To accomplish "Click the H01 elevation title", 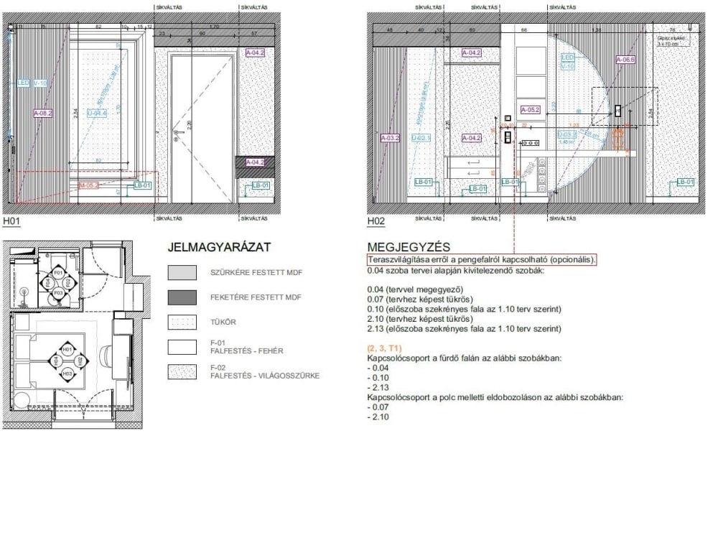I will click(12, 222).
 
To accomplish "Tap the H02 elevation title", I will click(376, 222).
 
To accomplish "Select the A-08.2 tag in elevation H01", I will click(43, 113).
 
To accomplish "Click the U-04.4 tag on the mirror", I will click(97, 113).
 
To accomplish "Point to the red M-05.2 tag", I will click(88, 185).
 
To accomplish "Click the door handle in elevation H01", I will click(176, 142).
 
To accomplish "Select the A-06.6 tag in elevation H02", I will click(625, 60).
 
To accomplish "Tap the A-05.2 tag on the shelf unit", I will click(529, 110).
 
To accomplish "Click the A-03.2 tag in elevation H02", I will click(390, 137).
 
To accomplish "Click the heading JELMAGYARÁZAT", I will click(218, 248).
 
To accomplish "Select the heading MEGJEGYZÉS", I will click(408, 248).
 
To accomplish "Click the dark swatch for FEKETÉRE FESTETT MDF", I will click(182, 297).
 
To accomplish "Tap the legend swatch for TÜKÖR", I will click(182, 322).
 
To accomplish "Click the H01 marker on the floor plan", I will click(67, 350).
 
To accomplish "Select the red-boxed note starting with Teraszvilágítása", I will click(482, 259).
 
